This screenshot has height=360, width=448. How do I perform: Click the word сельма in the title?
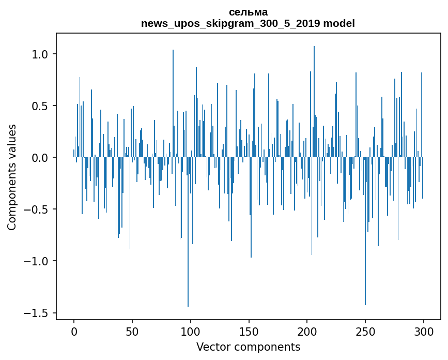[x=248, y=12]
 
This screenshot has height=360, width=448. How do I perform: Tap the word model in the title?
[x=339, y=23]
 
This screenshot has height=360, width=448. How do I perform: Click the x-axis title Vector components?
[x=248, y=347]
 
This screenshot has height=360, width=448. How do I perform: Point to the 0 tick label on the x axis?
[x=74, y=331]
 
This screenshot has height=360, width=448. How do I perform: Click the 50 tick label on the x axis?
[x=132, y=331]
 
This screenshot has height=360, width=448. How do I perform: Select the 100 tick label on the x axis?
[x=191, y=331]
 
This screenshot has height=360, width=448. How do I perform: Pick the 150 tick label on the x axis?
[x=249, y=331]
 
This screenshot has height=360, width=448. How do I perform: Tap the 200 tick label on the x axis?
[x=307, y=331]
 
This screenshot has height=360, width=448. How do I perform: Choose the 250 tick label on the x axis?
[x=365, y=331]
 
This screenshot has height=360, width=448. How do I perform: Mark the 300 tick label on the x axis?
[x=424, y=331]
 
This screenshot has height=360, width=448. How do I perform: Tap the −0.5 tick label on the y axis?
[x=38, y=209]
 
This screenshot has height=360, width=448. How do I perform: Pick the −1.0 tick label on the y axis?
[x=38, y=261]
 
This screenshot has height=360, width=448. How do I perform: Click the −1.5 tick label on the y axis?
[x=38, y=313]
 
